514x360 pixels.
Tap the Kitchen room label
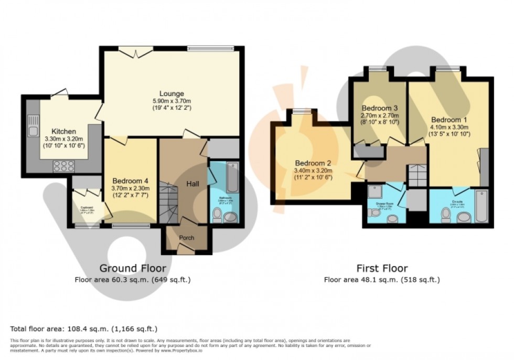pyautogui.click(x=64, y=131)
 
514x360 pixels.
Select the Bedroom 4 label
pyautogui.click(x=130, y=181)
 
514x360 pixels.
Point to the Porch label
pyautogui.click(x=187, y=238)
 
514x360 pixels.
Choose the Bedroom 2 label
pyautogui.click(x=312, y=162)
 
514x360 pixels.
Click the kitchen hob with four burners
pyautogui.click(x=63, y=166)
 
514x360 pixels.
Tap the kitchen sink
pyautogui.click(x=33, y=130)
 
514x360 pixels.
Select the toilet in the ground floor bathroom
pyautogui.click(x=217, y=214)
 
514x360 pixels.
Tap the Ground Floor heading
pyautogui.click(x=132, y=269)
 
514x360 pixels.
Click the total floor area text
pyautogui.click(x=84, y=329)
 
